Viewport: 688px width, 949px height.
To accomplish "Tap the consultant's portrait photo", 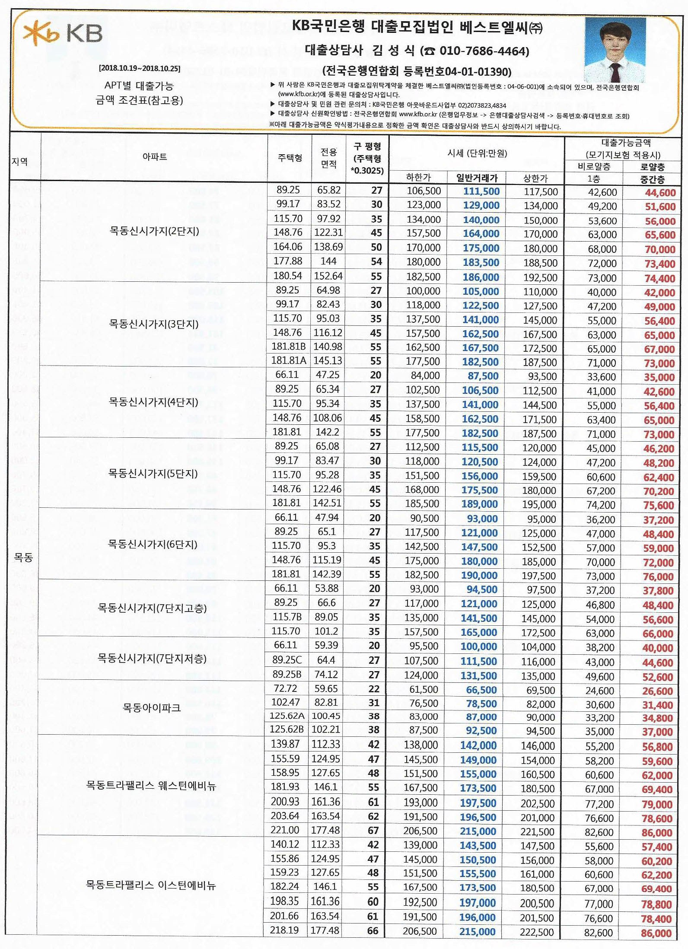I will [x=615, y=50].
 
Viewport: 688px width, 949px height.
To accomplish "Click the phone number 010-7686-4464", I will [x=484, y=51].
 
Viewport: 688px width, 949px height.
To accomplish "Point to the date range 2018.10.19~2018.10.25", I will [x=139, y=68].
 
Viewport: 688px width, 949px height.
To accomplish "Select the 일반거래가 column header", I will [x=477, y=178].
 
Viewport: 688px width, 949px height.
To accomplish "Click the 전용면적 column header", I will [x=328, y=158].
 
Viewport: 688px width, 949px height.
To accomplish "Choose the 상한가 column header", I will [x=535, y=178].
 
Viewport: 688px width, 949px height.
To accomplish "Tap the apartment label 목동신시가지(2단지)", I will [x=154, y=231].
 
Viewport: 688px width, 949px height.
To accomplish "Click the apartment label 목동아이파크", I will [x=152, y=708].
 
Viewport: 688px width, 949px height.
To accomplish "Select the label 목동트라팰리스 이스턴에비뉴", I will [x=151, y=885].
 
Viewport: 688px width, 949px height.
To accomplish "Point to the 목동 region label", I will [x=23, y=557].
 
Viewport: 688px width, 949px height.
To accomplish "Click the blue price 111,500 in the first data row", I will [x=481, y=191].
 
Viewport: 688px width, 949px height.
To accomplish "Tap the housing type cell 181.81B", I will [x=288, y=347].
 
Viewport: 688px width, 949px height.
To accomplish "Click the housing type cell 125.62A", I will [x=287, y=716].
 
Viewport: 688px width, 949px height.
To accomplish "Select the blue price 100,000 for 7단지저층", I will [x=478, y=646].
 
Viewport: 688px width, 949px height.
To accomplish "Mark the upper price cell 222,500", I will [x=536, y=932].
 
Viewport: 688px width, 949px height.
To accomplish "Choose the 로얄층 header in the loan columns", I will [x=652, y=167].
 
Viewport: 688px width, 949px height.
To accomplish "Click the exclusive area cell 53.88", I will [x=326, y=588].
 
